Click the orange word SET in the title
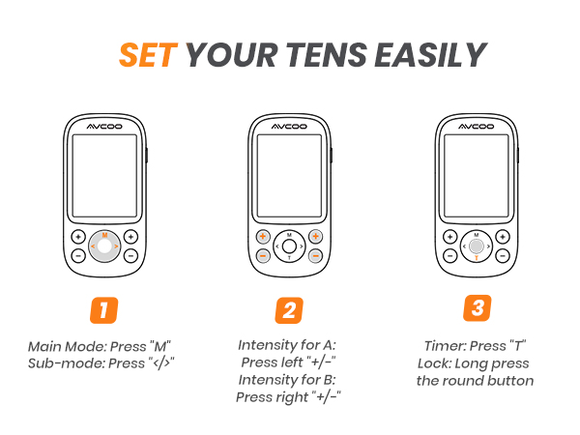148,55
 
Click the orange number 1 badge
104,310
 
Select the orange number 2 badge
289,310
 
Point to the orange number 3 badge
478,307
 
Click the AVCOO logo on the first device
104,127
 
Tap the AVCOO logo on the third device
476,127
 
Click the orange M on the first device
104,235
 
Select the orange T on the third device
477,258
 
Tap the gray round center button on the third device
477,246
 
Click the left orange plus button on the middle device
263,237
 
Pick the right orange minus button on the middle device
315,255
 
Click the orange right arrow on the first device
116,246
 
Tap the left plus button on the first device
78,237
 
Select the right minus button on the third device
503,255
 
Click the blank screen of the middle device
289,176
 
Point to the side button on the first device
147,156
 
